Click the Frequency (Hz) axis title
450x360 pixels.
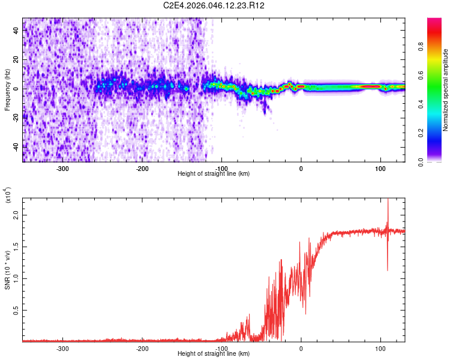7,90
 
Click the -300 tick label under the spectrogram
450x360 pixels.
63,169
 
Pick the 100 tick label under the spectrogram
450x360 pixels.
380,169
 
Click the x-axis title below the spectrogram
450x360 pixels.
214,174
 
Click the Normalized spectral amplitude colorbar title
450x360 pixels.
446,90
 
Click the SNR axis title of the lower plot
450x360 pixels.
7,270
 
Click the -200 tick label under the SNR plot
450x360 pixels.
142,349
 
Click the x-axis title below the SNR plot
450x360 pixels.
214,354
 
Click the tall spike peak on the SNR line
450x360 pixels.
388,200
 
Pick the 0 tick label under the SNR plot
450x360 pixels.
301,349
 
